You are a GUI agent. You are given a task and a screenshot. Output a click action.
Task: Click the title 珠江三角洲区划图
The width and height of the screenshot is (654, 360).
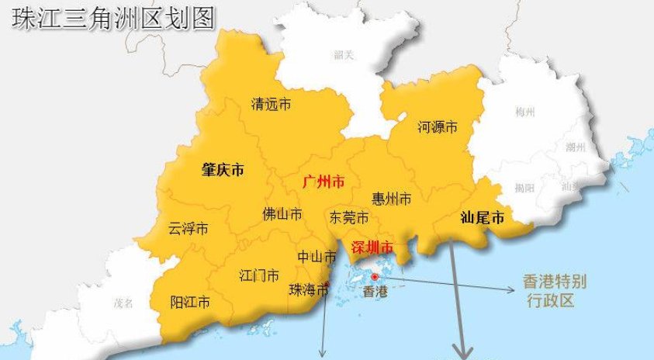point(112,18)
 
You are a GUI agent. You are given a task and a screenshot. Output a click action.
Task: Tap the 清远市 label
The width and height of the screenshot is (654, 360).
point(272,103)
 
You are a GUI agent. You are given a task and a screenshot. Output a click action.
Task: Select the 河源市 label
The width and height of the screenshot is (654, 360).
point(437,126)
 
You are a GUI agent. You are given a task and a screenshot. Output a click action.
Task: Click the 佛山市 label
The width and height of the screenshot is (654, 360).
point(282,213)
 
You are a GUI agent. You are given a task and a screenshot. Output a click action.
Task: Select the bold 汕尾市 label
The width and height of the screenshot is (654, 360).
point(482,218)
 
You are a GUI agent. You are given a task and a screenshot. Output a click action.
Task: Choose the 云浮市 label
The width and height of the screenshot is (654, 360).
point(189,229)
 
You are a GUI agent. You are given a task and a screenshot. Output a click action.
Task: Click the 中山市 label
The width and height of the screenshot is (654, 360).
point(317,257)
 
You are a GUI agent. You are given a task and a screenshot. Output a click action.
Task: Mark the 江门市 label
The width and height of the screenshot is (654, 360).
point(259,275)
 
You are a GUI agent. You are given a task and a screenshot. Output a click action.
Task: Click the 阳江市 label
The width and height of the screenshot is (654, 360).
point(189,302)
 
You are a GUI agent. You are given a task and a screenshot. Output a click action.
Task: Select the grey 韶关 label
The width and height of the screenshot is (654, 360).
point(344,54)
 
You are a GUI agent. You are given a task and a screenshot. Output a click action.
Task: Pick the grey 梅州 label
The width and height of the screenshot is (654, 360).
point(525,112)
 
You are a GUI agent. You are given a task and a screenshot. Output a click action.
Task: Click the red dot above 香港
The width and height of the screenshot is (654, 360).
point(375,276)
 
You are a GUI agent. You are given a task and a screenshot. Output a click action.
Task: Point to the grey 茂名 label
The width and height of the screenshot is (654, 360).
point(124,302)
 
